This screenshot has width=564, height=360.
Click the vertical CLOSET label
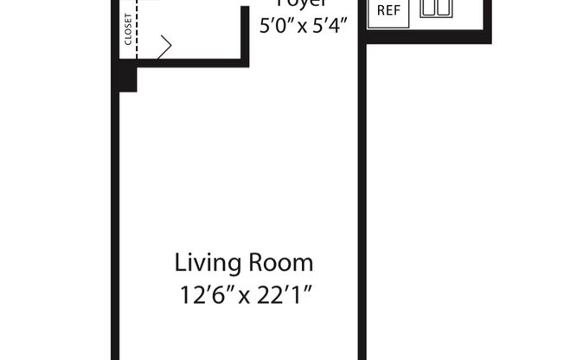click(128, 29)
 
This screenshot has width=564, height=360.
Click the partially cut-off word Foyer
click(304, 3)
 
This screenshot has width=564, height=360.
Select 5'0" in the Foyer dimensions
click(278, 25)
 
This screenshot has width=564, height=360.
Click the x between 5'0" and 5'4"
click(304, 27)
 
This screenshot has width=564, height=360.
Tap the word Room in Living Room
click(282, 261)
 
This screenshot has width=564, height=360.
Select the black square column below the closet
click(128, 79)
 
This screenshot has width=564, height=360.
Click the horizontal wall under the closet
click(190, 62)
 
